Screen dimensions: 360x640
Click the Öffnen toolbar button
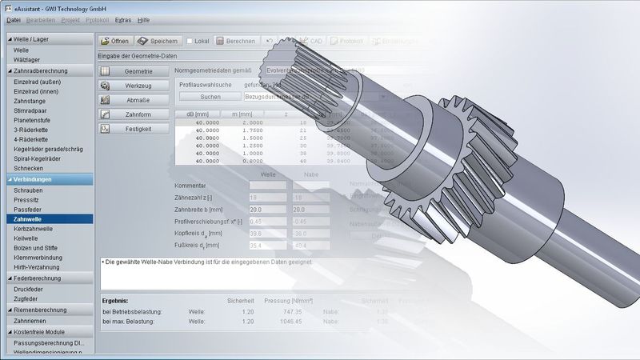tap(114, 41)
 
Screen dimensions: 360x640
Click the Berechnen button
tap(234, 41)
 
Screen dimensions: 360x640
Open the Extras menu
tap(122, 19)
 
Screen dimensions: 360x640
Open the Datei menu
tap(14, 19)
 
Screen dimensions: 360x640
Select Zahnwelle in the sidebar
tap(30, 218)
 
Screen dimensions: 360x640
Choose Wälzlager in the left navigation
tap(28, 59)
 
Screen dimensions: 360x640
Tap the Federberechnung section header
tap(40, 278)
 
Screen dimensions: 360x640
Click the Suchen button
tap(210, 96)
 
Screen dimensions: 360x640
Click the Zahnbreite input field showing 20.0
tap(266, 208)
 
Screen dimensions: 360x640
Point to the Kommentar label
tap(196, 185)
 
